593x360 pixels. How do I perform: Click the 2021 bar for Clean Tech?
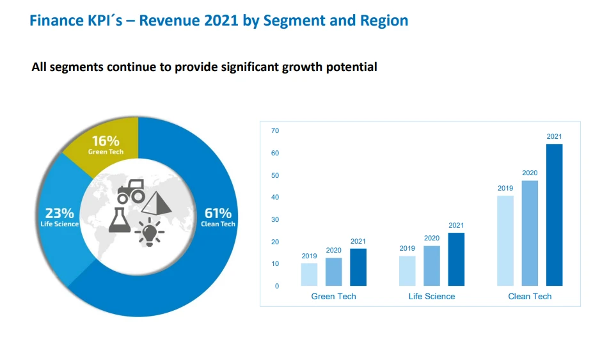tap(554, 215)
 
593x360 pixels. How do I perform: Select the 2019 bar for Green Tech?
tap(309, 274)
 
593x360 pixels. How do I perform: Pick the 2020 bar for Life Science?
tap(432, 265)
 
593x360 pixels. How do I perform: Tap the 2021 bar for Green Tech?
tap(358, 267)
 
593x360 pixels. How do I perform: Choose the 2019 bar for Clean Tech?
tap(505, 240)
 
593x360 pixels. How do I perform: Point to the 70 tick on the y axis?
tap(275, 131)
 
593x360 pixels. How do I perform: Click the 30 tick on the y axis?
tap(275, 220)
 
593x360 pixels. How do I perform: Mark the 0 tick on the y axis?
tap(277, 286)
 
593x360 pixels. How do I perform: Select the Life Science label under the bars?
tap(432, 297)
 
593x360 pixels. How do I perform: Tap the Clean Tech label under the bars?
tap(530, 297)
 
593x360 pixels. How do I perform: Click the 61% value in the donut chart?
tap(217, 213)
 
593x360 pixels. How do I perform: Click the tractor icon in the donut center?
tap(130, 191)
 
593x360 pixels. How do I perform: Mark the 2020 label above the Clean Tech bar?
tap(530, 173)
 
